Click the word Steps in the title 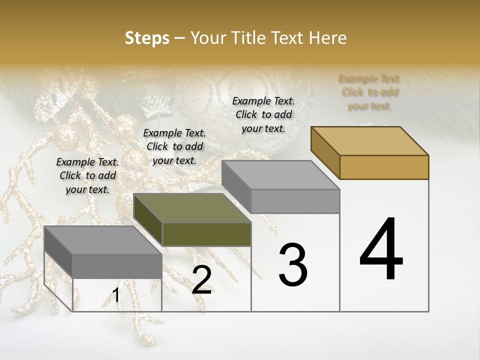pyautogui.click(x=147, y=38)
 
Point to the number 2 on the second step pyautogui.click(x=201, y=280)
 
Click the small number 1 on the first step pyautogui.click(x=116, y=295)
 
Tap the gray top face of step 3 pyautogui.click(x=280, y=175)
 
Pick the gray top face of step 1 pyautogui.click(x=103, y=240)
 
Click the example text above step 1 pyautogui.click(x=87, y=175)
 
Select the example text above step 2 pyautogui.click(x=174, y=146)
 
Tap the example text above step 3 pyautogui.click(x=263, y=114)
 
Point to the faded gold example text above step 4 pyautogui.click(x=369, y=92)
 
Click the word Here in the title pyautogui.click(x=328, y=38)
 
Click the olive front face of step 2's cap pyautogui.click(x=206, y=234)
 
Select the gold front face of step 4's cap pyautogui.click(x=384, y=167)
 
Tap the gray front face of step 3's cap pyautogui.click(x=295, y=201)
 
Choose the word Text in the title pyautogui.click(x=288, y=38)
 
